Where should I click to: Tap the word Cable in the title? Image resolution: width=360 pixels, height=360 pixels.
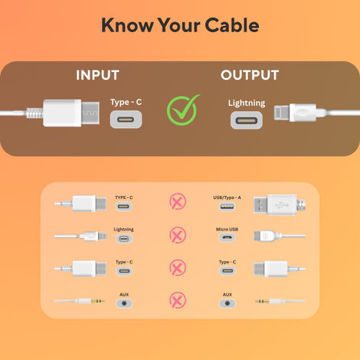[231, 25]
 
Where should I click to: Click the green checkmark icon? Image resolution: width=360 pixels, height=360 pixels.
[182, 110]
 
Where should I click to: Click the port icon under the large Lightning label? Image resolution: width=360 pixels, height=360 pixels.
[246, 120]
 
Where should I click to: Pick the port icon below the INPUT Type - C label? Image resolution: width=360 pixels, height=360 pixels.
[125, 119]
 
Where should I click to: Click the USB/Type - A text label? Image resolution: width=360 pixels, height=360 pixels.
[227, 197]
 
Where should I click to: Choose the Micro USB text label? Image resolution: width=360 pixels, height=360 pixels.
[227, 229]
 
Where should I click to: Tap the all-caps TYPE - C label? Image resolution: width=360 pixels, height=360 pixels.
[124, 197]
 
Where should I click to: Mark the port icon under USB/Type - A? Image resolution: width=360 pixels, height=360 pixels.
[227, 206]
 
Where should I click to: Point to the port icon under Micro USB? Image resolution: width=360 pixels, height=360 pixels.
[227, 238]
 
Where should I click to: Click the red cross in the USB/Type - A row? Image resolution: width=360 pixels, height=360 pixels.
[177, 202]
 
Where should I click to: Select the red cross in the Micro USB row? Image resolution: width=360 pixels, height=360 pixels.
[177, 234]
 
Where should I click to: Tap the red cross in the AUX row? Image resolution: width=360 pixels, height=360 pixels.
[177, 299]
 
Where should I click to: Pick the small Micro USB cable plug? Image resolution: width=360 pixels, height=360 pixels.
[270, 235]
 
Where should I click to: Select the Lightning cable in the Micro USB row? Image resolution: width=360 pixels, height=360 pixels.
[89, 236]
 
